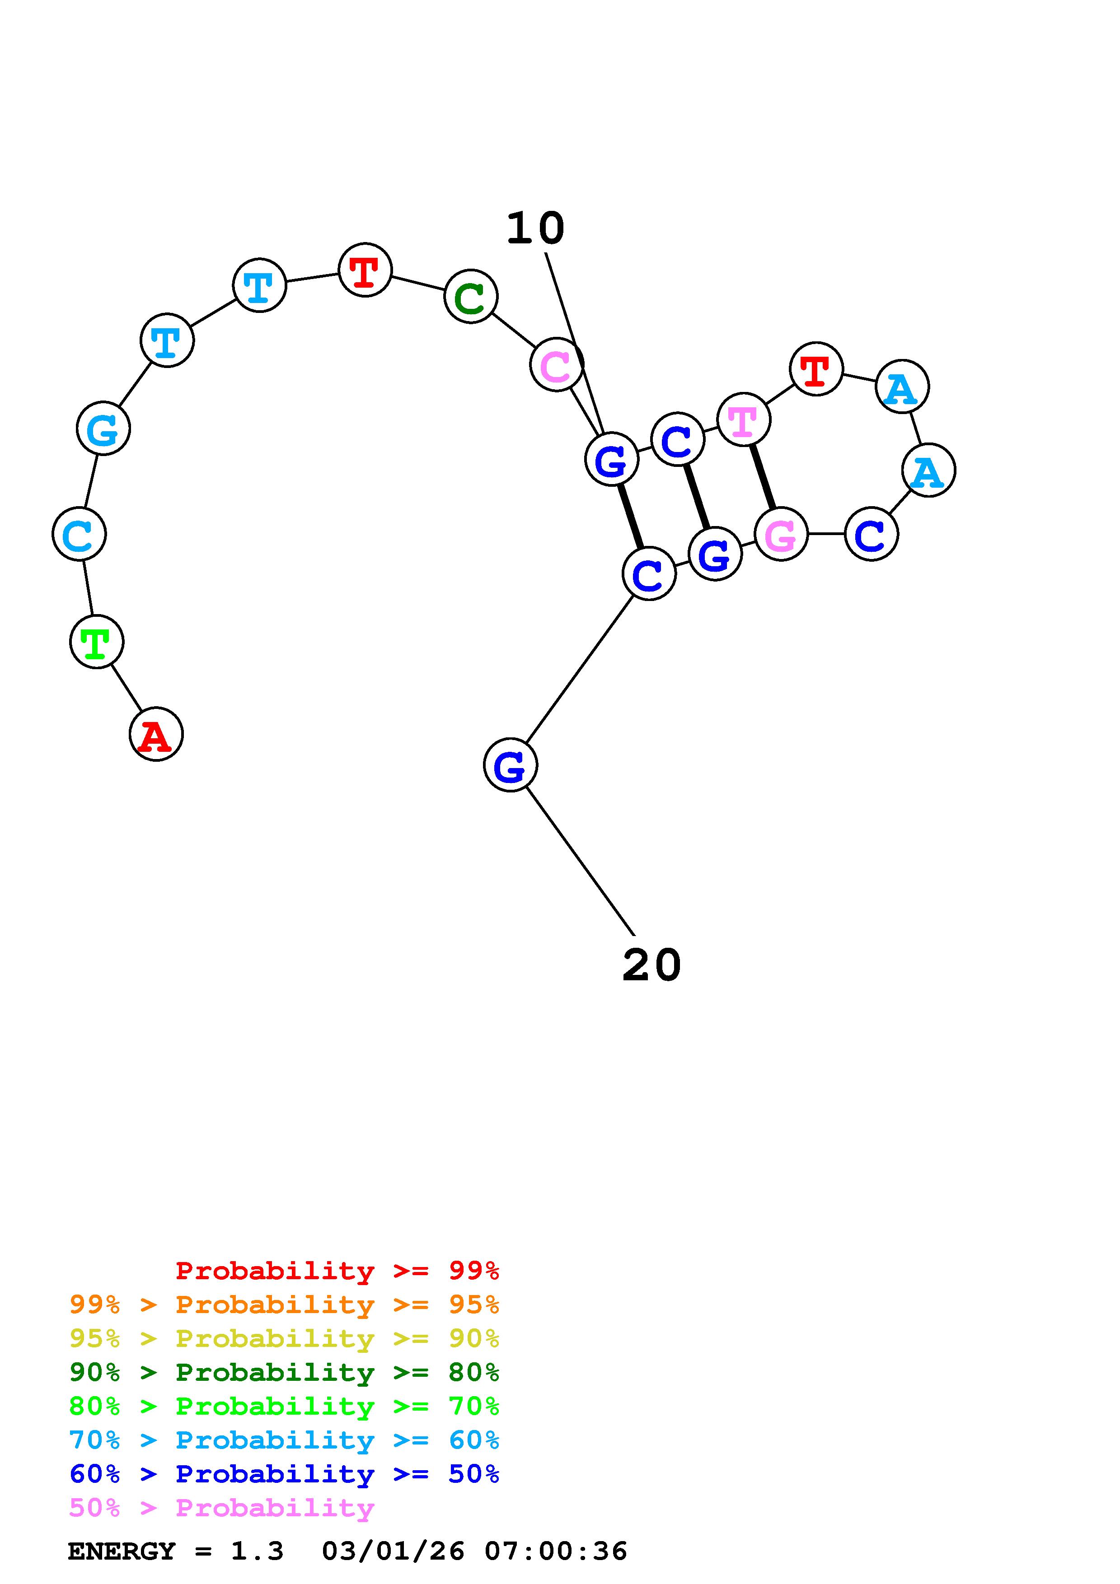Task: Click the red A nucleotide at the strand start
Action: (156, 734)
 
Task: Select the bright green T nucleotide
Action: (97, 642)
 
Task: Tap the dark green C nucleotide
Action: (471, 297)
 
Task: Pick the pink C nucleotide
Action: (556, 364)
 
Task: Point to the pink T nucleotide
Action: (743, 419)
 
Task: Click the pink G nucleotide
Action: (781, 534)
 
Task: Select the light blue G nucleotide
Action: (103, 429)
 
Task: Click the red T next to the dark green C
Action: (365, 270)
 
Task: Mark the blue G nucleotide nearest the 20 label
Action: (510, 764)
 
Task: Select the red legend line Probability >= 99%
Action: (337, 1271)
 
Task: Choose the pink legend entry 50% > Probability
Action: (221, 1507)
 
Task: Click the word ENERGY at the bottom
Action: (122, 1551)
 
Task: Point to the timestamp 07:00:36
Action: (556, 1551)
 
